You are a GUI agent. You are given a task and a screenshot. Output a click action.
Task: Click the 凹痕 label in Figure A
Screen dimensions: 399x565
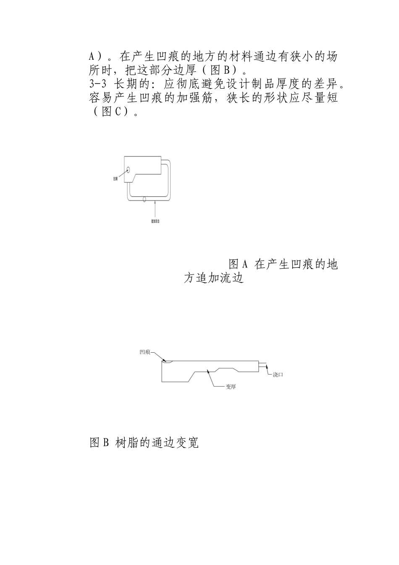click(x=115, y=179)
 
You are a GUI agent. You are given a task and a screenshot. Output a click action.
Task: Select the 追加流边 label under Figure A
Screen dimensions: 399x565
click(x=155, y=221)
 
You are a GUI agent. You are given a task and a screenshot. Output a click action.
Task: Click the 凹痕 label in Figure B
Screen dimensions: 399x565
click(x=145, y=352)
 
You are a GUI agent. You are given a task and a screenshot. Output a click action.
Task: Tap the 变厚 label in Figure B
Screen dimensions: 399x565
click(x=231, y=386)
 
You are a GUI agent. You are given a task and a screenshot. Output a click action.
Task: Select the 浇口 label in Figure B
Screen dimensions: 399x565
click(x=278, y=375)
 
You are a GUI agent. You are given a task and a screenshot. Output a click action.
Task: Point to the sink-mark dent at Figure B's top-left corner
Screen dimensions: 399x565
click(x=167, y=361)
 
